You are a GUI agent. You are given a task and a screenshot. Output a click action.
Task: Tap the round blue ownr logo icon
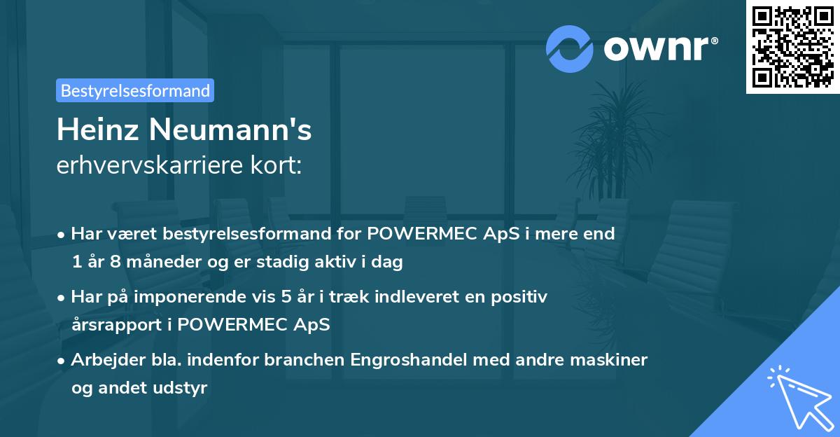[570, 48]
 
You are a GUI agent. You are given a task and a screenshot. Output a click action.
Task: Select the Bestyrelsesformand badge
[135, 90]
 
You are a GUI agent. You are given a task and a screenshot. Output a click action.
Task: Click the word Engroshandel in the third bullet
[396, 360]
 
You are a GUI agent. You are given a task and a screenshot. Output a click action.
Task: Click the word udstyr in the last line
[183, 388]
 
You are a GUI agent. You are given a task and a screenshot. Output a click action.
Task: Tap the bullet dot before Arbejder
[62, 361]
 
